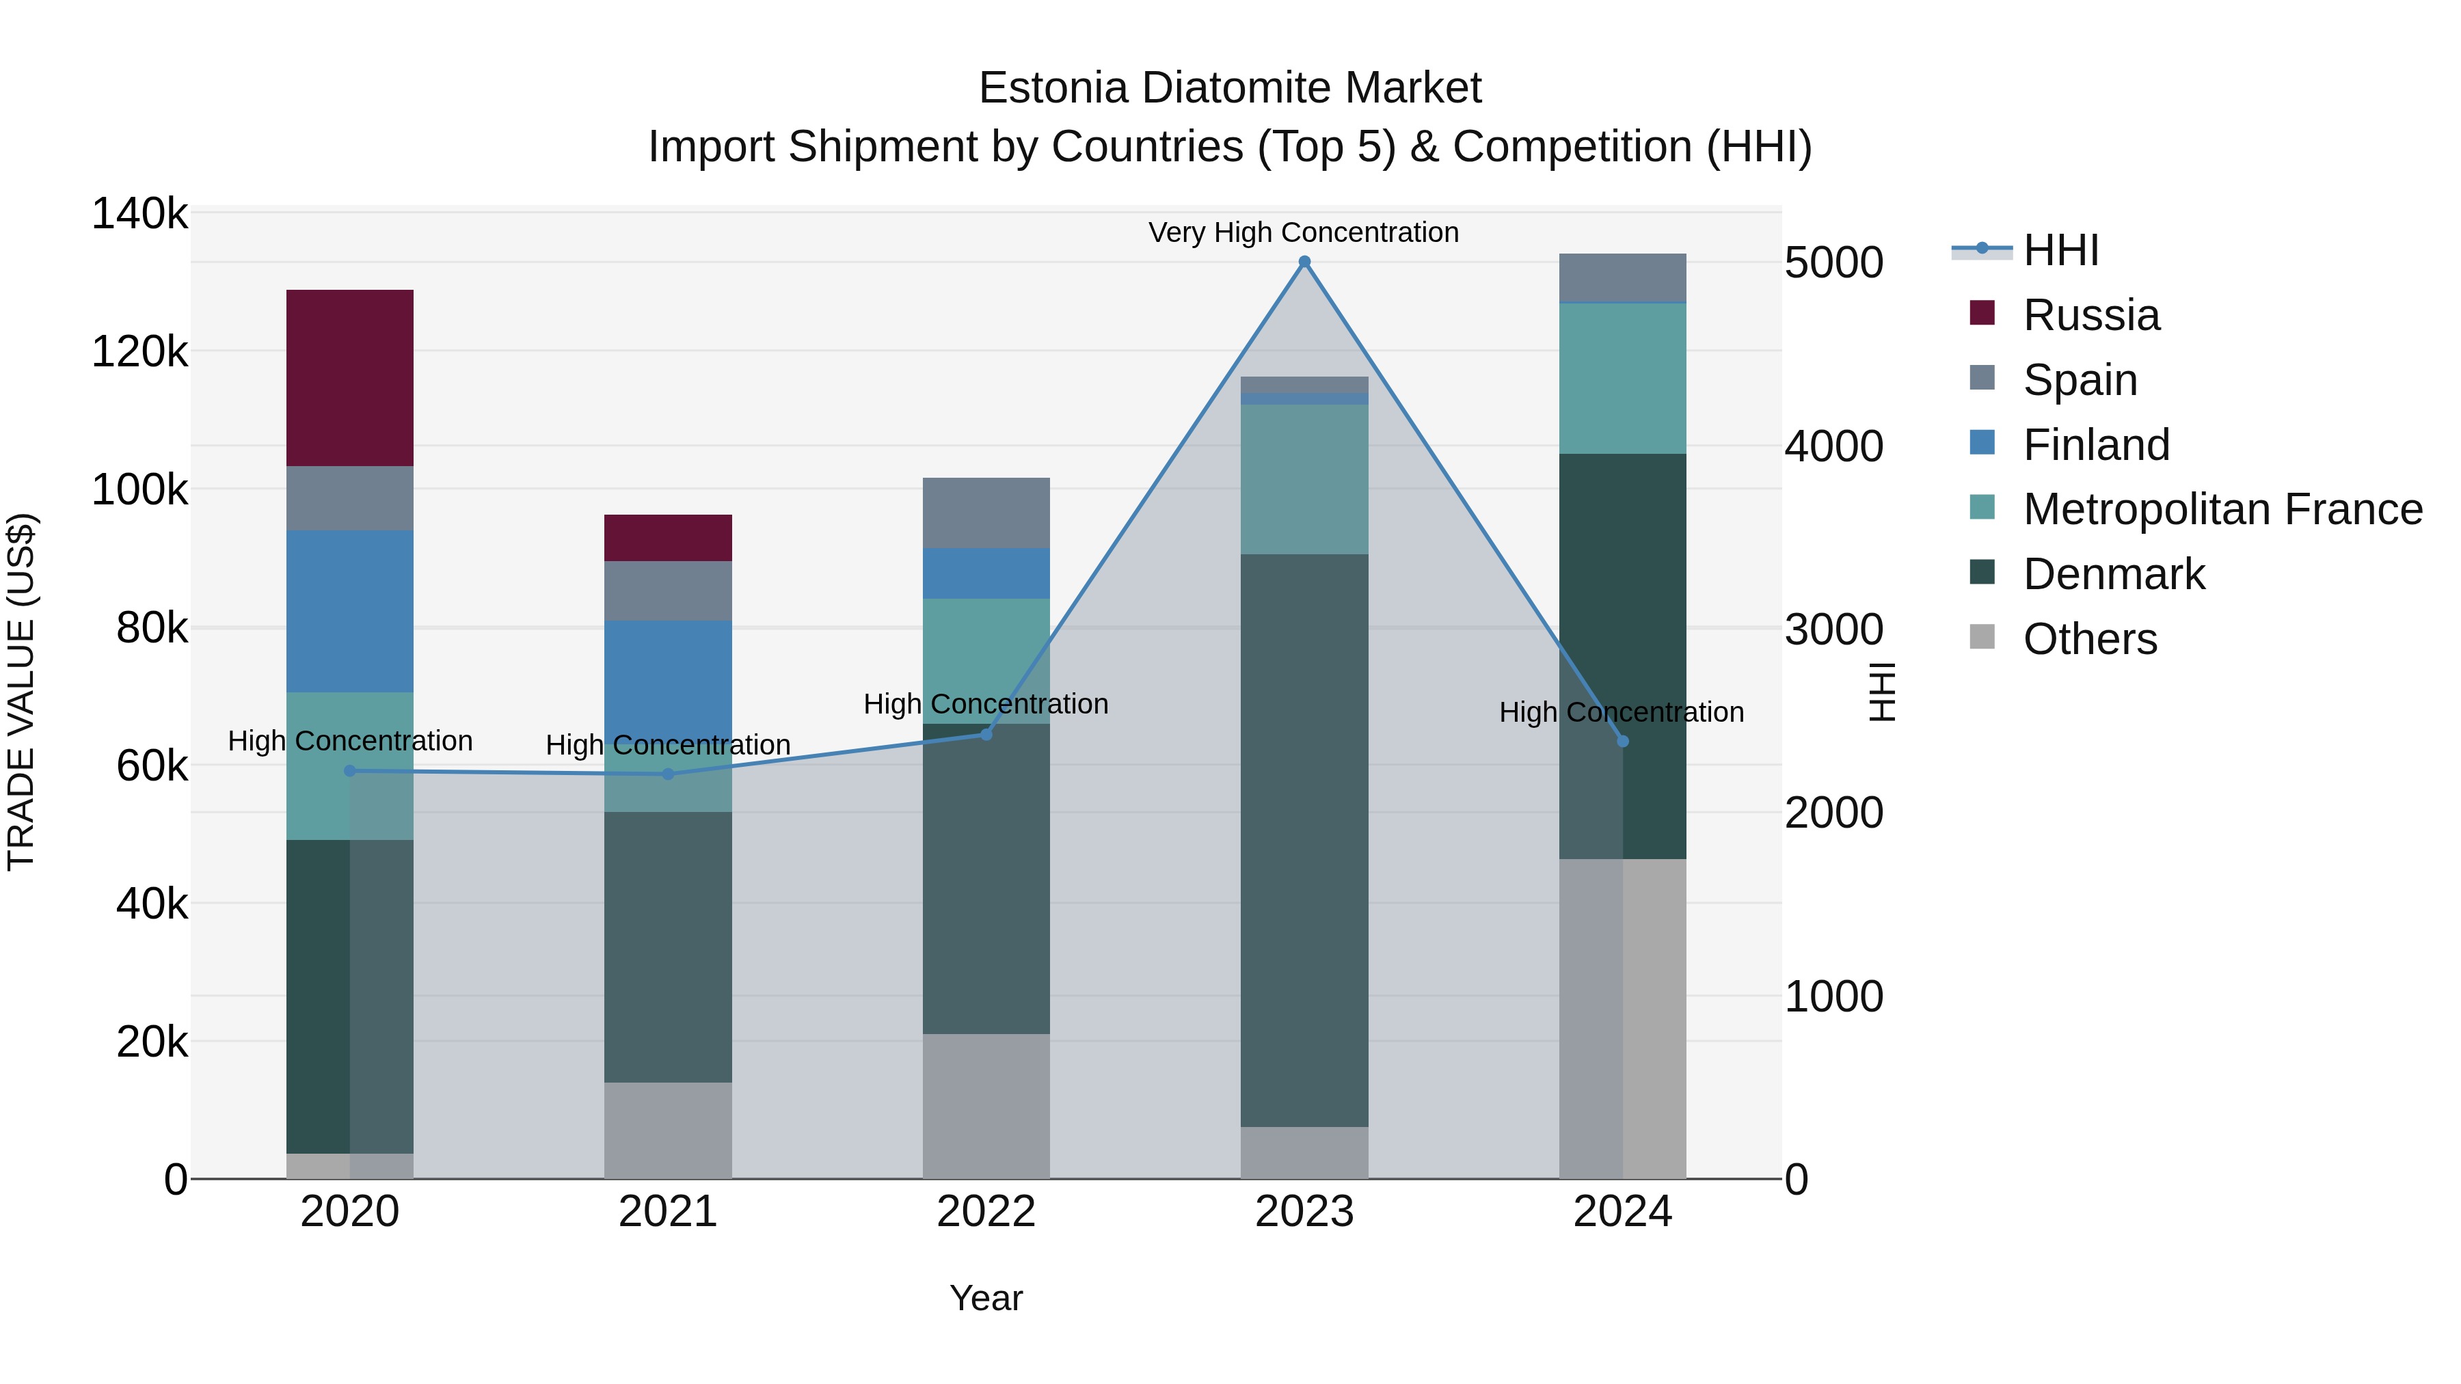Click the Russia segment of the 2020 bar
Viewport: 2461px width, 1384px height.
pos(349,377)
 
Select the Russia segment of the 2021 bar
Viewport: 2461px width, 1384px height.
pos(668,538)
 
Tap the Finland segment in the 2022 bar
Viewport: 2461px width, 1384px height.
pos(986,573)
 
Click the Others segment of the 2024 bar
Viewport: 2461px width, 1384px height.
pos(1622,1018)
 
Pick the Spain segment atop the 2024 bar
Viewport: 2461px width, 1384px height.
pos(1622,278)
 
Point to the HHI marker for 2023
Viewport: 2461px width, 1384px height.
pos(1304,262)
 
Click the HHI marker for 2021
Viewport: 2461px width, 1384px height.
pos(668,774)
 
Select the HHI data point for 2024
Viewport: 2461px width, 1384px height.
pos(1622,741)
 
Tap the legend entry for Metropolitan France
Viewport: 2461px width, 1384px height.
pos(2222,509)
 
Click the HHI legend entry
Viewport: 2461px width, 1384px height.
pos(2060,250)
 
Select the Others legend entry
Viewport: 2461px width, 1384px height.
pos(2089,639)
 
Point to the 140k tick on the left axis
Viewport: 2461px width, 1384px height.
pos(139,214)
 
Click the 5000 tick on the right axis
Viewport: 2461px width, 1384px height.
pos(1834,262)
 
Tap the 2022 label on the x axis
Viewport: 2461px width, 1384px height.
pos(986,1212)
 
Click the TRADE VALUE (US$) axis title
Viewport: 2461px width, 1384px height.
pos(21,692)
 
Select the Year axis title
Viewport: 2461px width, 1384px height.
pos(986,1298)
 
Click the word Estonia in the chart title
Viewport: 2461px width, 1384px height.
pos(1053,89)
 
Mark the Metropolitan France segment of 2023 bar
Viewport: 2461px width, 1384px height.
pos(1304,480)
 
